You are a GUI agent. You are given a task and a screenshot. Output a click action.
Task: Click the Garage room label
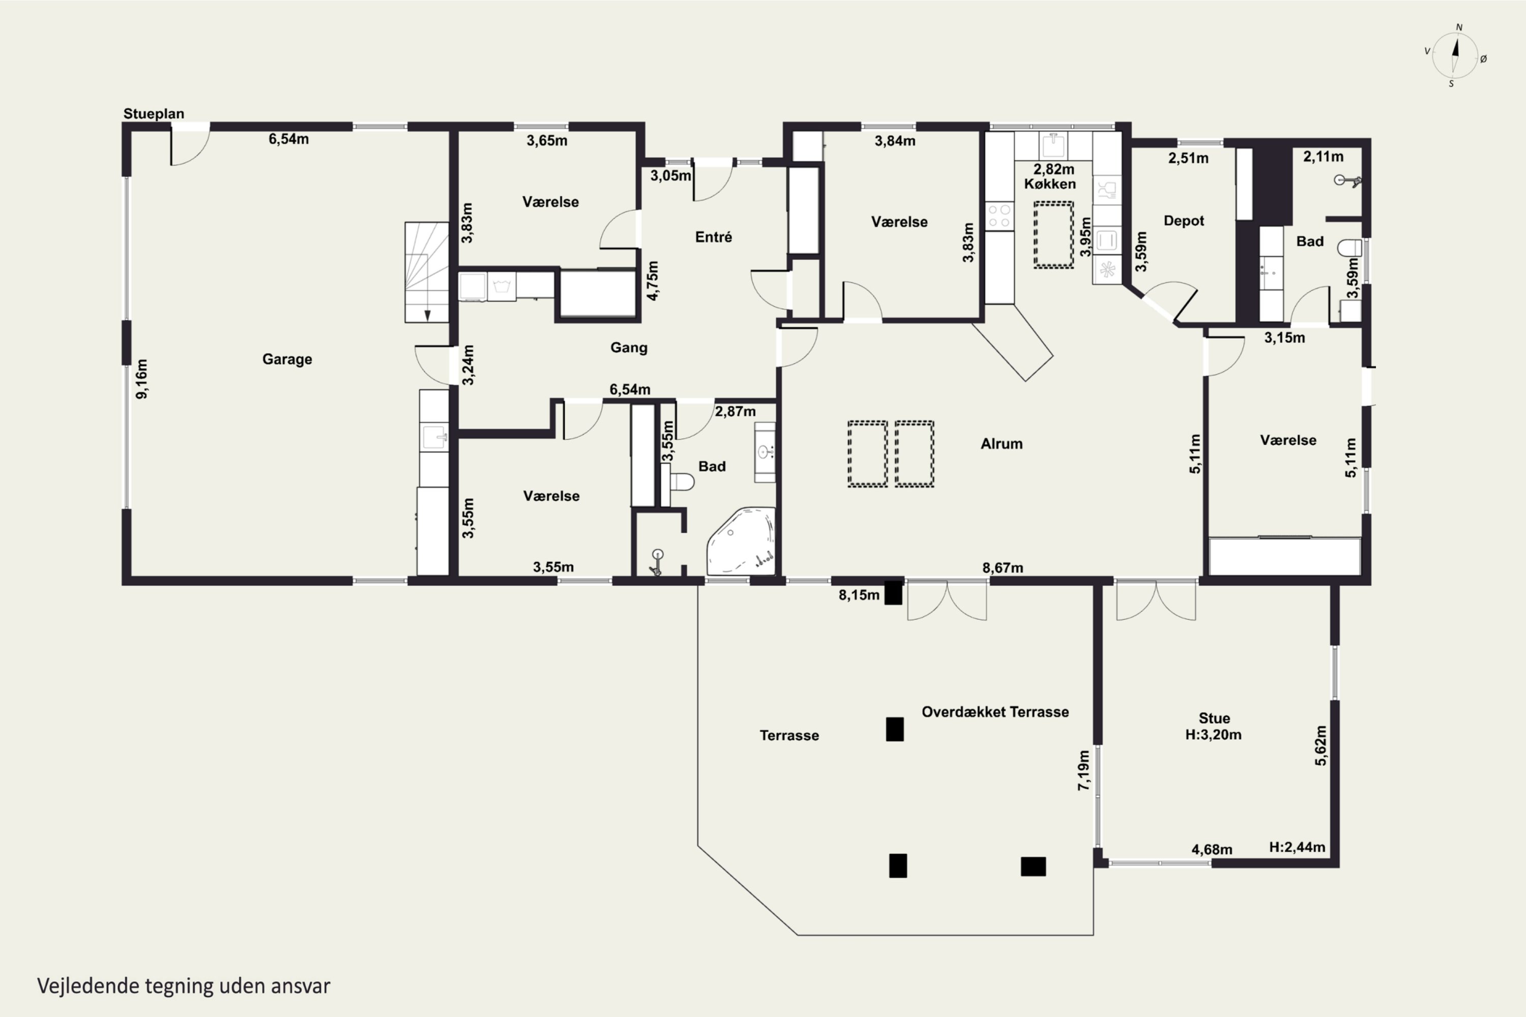click(x=287, y=360)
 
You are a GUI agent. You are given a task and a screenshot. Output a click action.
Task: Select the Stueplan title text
click(x=154, y=113)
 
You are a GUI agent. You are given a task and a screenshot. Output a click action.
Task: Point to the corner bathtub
click(x=741, y=541)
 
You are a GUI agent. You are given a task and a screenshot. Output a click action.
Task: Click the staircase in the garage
click(x=426, y=273)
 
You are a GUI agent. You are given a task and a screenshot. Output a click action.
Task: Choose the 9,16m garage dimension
click(x=141, y=379)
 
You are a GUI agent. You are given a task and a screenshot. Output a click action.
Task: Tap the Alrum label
click(x=1001, y=443)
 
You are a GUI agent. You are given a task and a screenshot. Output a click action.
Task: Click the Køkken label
click(x=1050, y=184)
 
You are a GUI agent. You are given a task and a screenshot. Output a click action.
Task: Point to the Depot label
click(x=1184, y=221)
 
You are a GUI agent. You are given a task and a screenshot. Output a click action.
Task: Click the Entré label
click(x=713, y=237)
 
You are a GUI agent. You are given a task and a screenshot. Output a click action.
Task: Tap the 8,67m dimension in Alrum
click(x=1003, y=567)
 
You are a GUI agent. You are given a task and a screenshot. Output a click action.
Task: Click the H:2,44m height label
click(x=1297, y=847)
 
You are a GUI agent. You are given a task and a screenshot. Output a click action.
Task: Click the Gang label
click(x=629, y=348)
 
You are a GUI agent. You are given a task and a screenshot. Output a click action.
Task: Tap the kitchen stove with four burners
click(x=999, y=216)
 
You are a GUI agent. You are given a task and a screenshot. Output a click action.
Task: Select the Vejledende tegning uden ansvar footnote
click(x=184, y=986)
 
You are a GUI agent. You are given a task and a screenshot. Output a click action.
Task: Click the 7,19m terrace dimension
click(x=1083, y=770)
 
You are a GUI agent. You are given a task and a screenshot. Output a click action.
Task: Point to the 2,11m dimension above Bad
click(x=1323, y=156)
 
